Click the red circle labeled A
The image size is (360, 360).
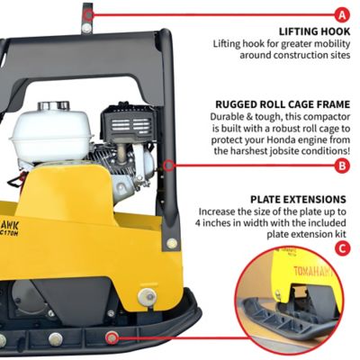[340, 14]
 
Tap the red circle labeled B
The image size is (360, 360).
[340, 165]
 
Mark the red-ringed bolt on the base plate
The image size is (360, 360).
[112, 337]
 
